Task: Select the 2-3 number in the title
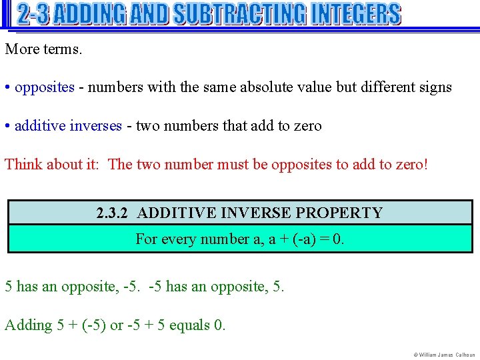33,14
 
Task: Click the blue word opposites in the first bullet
45,87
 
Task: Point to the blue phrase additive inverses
68,126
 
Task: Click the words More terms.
44,49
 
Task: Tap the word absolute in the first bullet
266,87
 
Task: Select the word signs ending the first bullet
435,87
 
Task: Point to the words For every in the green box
160,239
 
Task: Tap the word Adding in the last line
29,325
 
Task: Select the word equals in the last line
188,325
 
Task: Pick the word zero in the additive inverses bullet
306,126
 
